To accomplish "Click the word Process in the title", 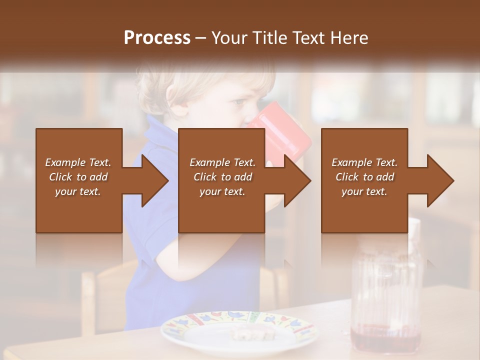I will click(x=157, y=38).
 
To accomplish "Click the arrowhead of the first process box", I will click(x=152, y=180).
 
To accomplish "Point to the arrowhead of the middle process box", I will click(x=295, y=180).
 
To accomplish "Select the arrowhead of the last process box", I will click(x=438, y=180).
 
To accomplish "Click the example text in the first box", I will click(x=78, y=177).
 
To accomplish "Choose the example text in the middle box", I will click(x=222, y=177).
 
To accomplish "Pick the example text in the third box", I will click(x=364, y=177).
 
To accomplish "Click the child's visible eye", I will click(x=239, y=101).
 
